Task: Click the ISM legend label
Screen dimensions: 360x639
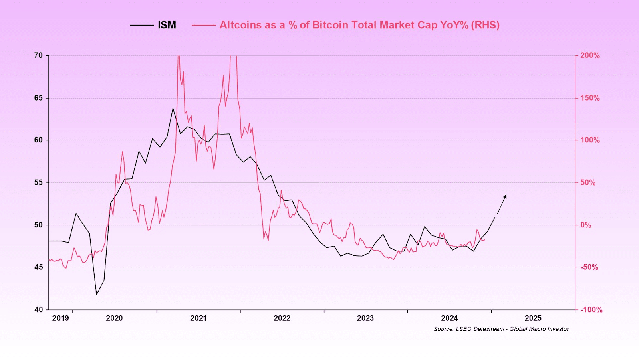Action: tap(167, 25)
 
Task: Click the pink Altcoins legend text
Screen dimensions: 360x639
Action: tap(359, 25)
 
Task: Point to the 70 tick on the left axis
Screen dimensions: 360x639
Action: tap(38, 55)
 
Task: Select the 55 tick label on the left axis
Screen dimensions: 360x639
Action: tap(38, 182)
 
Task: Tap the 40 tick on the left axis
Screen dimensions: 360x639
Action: tap(38, 309)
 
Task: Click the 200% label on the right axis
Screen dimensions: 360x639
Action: tap(590, 55)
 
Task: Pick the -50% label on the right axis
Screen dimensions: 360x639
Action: tap(589, 267)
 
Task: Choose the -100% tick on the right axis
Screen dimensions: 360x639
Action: tap(591, 310)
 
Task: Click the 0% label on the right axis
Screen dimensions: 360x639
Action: tap(585, 225)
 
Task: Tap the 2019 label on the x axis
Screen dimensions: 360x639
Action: tap(60, 318)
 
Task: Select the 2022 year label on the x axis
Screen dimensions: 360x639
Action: tap(282, 318)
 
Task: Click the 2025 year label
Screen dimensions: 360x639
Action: tap(533, 318)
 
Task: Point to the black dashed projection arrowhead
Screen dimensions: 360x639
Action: tap(505, 196)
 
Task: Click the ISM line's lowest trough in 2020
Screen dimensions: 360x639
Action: tap(97, 295)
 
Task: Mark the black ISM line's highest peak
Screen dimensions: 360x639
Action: tap(173, 108)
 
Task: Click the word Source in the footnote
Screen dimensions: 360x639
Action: tap(443, 329)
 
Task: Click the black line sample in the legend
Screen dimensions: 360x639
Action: tap(142, 25)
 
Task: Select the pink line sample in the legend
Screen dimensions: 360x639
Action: tap(204, 25)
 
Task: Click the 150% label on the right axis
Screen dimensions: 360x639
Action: tap(590, 98)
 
